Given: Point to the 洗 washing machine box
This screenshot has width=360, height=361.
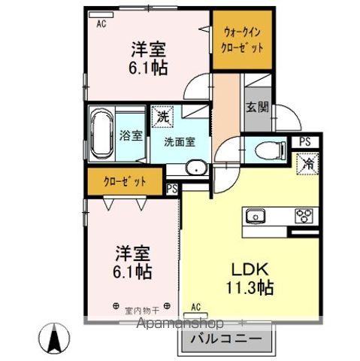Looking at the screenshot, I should click(161, 117).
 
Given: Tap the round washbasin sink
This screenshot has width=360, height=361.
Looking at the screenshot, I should click(195, 168).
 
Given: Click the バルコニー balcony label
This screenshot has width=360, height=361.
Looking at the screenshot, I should click(224, 339).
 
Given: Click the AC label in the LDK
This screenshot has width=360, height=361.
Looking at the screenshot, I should click(195, 307).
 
